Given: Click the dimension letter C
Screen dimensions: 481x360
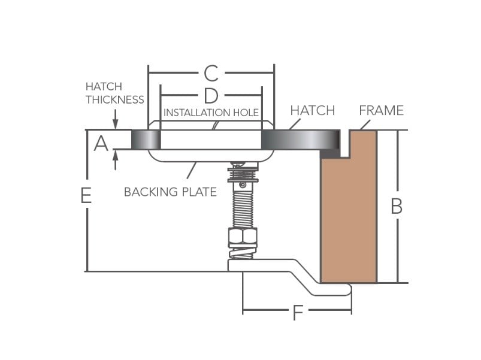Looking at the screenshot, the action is pos(211,73).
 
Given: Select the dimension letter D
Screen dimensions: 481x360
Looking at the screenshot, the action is pos(211,96).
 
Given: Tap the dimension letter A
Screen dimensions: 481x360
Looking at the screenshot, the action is pos(101,144).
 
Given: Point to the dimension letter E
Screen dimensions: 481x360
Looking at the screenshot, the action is pos(86,195).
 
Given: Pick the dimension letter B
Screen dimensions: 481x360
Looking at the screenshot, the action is pos(397,206).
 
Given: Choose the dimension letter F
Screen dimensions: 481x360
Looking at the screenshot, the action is pos(298,313).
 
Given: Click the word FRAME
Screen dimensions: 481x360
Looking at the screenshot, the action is pos(382,110).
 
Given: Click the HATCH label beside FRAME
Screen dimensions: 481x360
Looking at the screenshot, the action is pos(313,110).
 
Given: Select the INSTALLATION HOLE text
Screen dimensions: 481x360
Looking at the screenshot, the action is pos(211,113).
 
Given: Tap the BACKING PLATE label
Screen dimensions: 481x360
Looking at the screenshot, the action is pos(170,192).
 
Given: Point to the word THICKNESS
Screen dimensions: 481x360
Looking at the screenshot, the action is pos(115,99).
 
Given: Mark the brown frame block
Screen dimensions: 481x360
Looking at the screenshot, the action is pos(349,206).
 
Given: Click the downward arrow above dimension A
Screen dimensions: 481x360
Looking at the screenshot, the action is pos(116,119).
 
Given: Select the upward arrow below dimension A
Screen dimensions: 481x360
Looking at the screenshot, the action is pos(116,160).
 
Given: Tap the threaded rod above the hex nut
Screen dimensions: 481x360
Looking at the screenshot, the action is pos(243,209).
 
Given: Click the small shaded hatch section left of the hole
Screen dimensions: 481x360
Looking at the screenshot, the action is pos(146,140).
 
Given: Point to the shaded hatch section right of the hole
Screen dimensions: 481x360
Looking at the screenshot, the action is pos(301,140).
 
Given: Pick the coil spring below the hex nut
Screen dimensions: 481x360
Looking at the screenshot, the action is pos(243,253).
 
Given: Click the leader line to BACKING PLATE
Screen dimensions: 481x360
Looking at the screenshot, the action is pos(192,170).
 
